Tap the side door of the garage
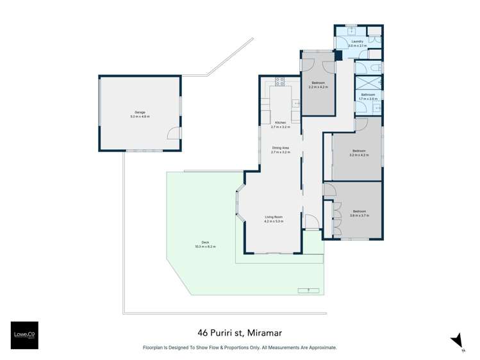click(x=172, y=133)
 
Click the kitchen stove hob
click(x=279, y=81)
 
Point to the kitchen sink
click(x=295, y=102)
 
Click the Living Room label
click(x=274, y=218)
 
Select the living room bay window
click(x=240, y=204)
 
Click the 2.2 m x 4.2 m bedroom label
click(x=319, y=85)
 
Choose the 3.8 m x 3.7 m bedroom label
click(x=359, y=213)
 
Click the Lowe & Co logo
click(x=24, y=335)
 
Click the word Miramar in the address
click(x=261, y=333)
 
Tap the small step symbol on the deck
click(x=308, y=290)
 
